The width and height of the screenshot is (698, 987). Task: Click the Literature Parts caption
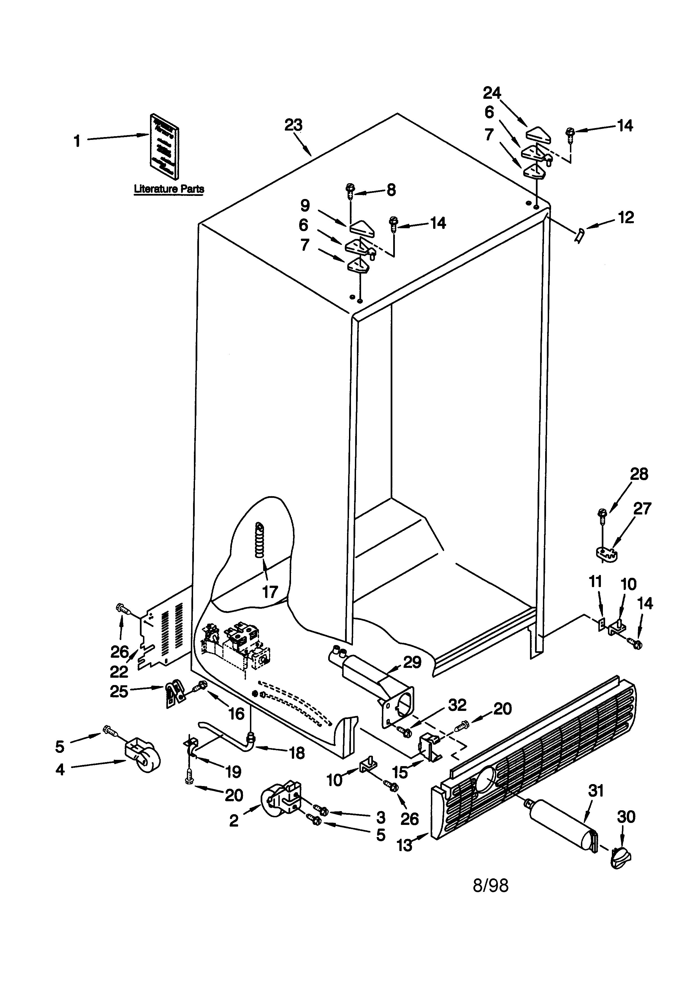169,189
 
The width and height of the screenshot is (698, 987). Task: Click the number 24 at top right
492,93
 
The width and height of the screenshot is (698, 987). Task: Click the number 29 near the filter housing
412,663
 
